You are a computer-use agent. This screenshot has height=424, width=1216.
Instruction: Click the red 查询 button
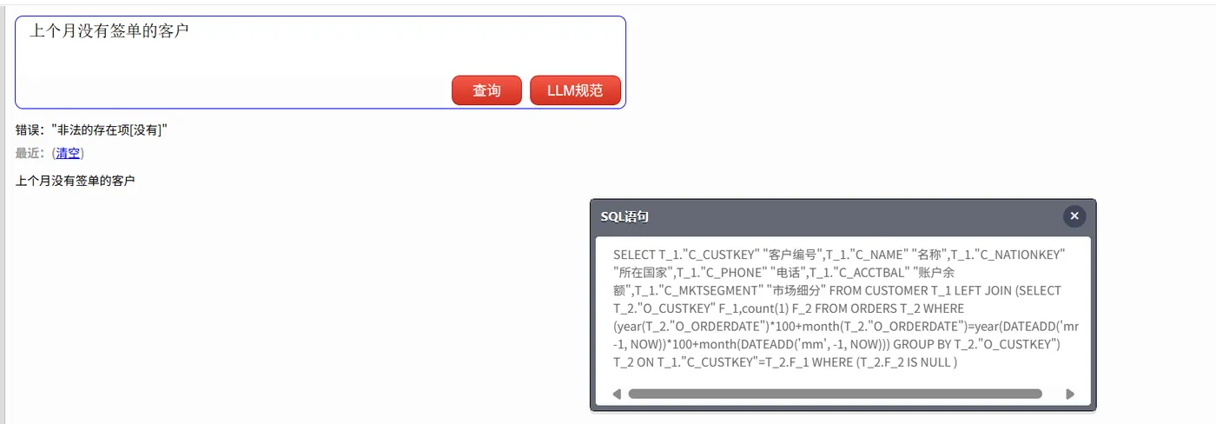[486, 90]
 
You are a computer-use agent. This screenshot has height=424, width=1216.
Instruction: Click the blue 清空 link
[68, 153]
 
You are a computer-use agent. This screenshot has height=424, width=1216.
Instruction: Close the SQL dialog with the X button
[1074, 216]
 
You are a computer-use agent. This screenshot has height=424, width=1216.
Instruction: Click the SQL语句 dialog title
[625, 216]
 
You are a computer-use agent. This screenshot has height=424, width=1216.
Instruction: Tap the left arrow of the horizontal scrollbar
[617, 394]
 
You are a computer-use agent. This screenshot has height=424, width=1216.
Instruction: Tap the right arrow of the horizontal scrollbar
[1070, 394]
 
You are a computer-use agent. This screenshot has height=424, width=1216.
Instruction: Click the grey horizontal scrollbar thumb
[835, 394]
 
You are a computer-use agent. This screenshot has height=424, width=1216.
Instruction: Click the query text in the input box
[109, 31]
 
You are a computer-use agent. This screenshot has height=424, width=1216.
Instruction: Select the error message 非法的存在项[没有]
[109, 130]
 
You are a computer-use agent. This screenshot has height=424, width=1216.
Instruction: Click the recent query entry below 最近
[75, 181]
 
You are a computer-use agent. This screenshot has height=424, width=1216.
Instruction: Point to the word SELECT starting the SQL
[634, 255]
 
